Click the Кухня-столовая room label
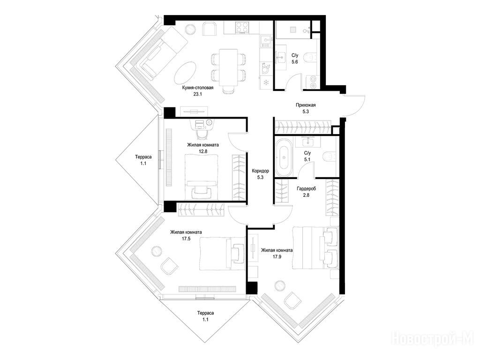[x=197, y=88]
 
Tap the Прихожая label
[x=306, y=105]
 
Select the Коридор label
[x=260, y=171]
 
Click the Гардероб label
[x=306, y=188]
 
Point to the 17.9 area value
[x=277, y=257]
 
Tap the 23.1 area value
[x=197, y=94]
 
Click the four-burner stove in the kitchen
[x=242, y=28]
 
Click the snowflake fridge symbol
[x=266, y=82]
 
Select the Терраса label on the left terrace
[x=143, y=157]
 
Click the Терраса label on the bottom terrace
[x=205, y=313]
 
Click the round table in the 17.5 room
[x=157, y=251]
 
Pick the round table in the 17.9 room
[x=280, y=285]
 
